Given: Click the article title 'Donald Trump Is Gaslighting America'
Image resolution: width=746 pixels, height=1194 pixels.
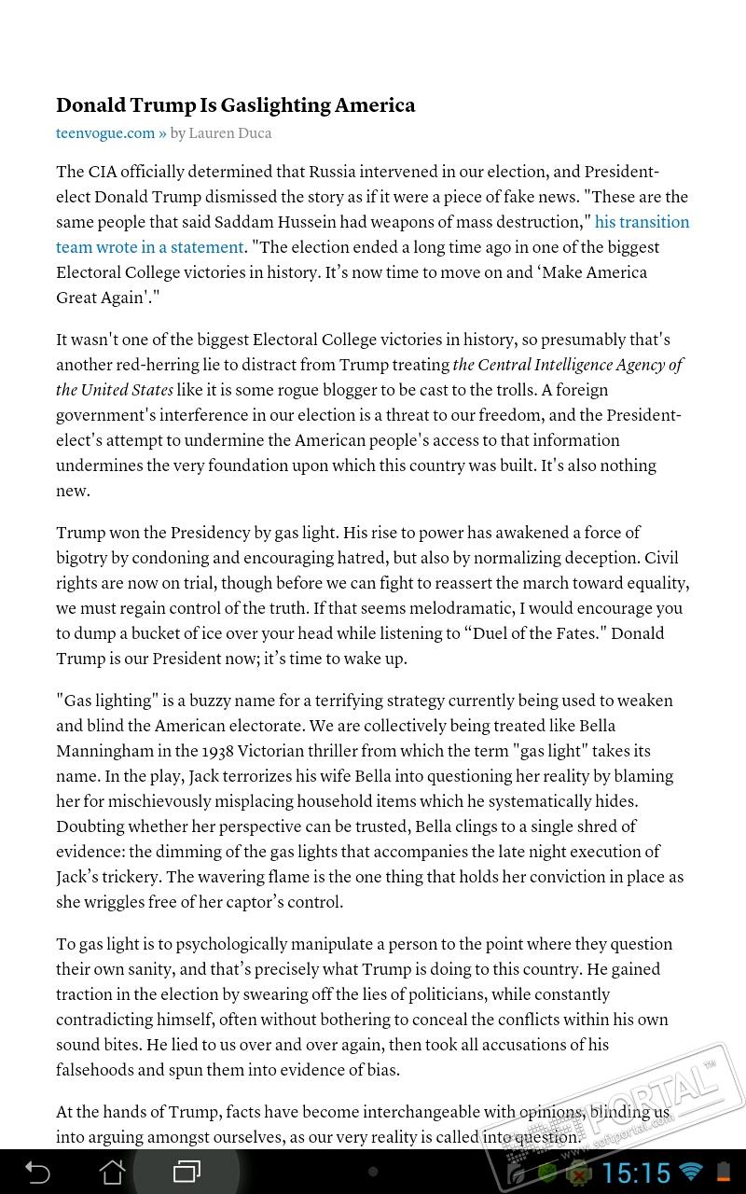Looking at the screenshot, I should pyautogui.click(x=235, y=105).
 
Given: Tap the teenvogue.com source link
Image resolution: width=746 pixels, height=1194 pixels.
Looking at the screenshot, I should pyautogui.click(x=105, y=133).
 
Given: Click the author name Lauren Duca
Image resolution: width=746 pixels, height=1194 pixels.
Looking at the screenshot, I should pyautogui.click(x=230, y=133).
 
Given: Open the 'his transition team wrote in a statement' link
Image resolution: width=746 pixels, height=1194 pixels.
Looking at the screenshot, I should pyautogui.click(x=642, y=222).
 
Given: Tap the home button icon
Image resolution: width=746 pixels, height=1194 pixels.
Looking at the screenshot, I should pyautogui.click(x=112, y=1171).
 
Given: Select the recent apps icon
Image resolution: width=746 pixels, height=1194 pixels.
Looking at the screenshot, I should pyautogui.click(x=186, y=1171).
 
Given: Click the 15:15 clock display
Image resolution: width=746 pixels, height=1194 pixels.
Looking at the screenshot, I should pyautogui.click(x=637, y=1172).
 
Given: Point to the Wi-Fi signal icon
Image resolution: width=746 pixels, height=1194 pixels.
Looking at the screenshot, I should pyautogui.click(x=691, y=1172).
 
